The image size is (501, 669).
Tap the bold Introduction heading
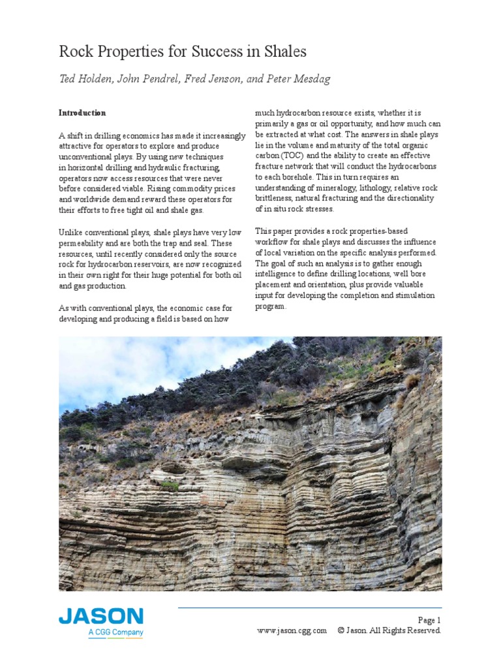pyautogui.click(x=82, y=113)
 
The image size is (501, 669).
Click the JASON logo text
pyautogui.click(x=100, y=617)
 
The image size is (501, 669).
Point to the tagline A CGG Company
pyautogui.click(x=115, y=632)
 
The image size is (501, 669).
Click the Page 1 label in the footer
pyautogui.click(x=429, y=620)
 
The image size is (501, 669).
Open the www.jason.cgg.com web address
pyautogui.click(x=292, y=630)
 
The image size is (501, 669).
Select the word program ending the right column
pyautogui.click(x=269, y=306)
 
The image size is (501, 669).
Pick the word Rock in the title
pyautogui.click(x=75, y=52)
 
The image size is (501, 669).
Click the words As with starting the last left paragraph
pyautogui.click(x=73, y=308)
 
